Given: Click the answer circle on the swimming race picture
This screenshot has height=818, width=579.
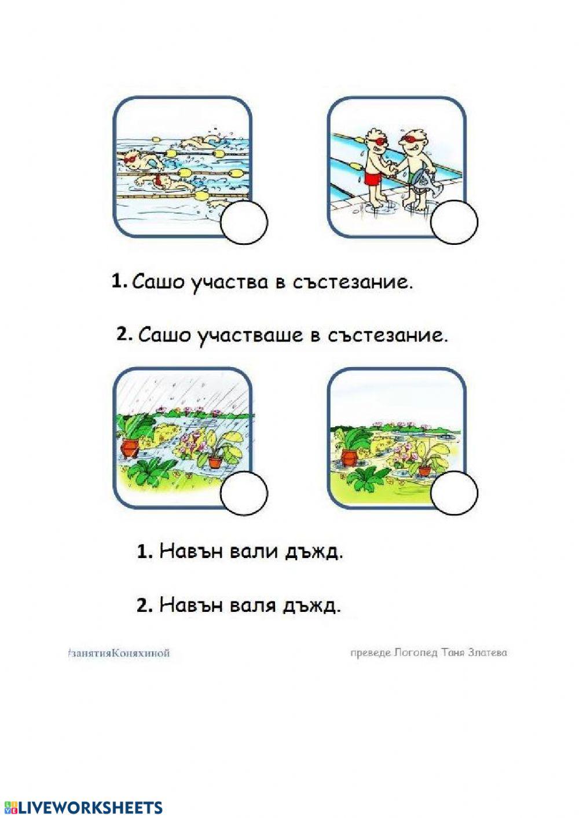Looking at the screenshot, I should tap(244, 222).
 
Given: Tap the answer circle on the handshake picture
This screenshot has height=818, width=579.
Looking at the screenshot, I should tap(455, 222).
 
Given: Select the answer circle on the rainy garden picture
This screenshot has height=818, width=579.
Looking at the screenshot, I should tap(244, 493).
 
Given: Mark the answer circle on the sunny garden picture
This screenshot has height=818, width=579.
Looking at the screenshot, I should tap(455, 493).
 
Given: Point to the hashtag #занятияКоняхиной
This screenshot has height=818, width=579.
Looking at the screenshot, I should tap(118, 653).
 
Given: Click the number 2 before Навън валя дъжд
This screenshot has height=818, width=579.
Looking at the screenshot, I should tap(144, 606).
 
